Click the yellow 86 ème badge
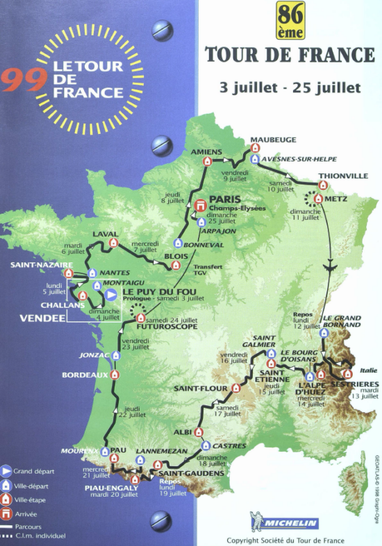[x=290, y=20]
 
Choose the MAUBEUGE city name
[x=267, y=139]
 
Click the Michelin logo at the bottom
[x=284, y=523]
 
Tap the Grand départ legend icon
[x=6, y=471]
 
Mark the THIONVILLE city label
[x=343, y=176]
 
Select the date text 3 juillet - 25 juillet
[x=290, y=88]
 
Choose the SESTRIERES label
[x=354, y=384]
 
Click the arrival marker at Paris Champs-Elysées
[x=201, y=205]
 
